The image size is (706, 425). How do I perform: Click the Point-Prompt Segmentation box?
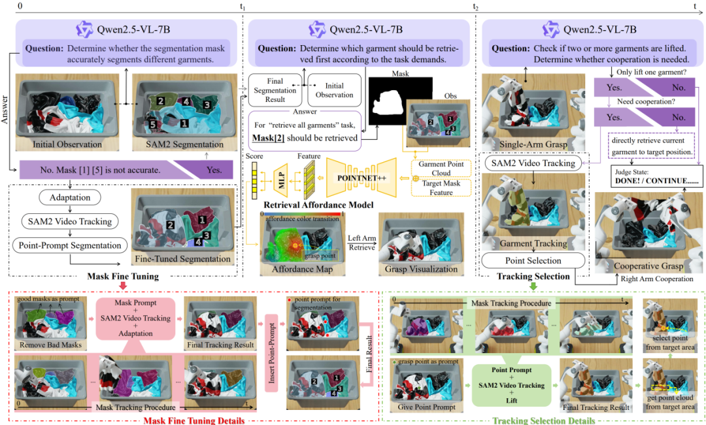(x=67, y=246)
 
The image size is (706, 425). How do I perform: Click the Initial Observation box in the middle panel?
(x=334, y=90)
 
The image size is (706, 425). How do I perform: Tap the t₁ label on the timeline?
(x=243, y=7)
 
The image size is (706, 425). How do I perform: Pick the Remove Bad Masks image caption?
(x=50, y=344)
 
